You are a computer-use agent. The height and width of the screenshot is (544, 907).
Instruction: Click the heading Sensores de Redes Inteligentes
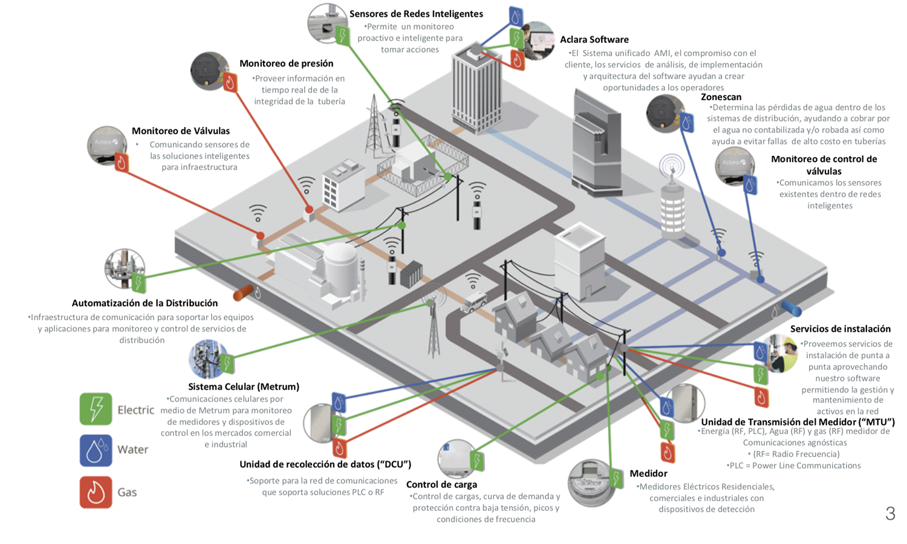[x=416, y=14]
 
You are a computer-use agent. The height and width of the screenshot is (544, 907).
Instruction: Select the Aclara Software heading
[x=594, y=40]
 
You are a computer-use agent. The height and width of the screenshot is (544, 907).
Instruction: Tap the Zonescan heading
[x=721, y=97]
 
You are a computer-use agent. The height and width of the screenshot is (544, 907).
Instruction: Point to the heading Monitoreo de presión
[x=286, y=63]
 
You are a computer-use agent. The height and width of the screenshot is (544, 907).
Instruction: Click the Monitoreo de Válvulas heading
[x=181, y=131]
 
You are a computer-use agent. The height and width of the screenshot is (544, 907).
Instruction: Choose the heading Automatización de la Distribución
[x=145, y=303]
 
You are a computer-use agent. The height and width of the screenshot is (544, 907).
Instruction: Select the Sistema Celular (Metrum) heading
[x=244, y=387]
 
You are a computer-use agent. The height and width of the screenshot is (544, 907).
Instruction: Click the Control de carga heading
[x=441, y=485]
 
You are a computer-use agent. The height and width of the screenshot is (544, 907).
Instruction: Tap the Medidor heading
[x=648, y=474]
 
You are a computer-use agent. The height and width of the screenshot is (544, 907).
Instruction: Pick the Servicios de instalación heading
[x=840, y=329]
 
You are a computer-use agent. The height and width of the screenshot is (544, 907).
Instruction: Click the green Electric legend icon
[x=96, y=409]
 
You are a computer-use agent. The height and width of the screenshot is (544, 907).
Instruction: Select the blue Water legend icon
[x=96, y=450]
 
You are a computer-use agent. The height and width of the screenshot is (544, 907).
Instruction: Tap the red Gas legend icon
[x=96, y=492]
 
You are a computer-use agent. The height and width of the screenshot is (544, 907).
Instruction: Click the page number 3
[x=890, y=514]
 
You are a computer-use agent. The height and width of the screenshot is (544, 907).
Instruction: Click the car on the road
[x=473, y=302]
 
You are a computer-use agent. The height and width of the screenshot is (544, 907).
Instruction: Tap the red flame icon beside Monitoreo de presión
[x=230, y=82]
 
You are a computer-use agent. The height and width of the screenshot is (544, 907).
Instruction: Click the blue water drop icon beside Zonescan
[x=687, y=123]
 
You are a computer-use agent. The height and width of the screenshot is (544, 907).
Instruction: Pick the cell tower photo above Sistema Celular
[x=207, y=358]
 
